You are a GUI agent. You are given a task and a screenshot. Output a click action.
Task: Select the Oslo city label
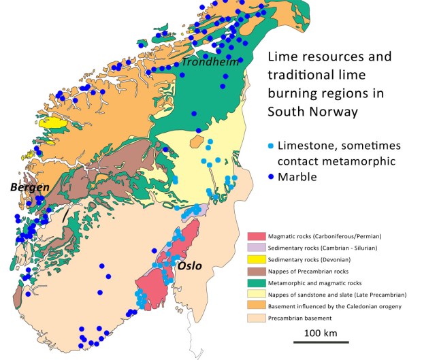[x=190, y=265]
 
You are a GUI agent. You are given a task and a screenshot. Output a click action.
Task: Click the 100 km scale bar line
[x=322, y=342]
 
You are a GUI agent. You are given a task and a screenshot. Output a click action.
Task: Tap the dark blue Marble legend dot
[x=272, y=177]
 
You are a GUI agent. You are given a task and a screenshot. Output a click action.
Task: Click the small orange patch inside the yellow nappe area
[x=197, y=142]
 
